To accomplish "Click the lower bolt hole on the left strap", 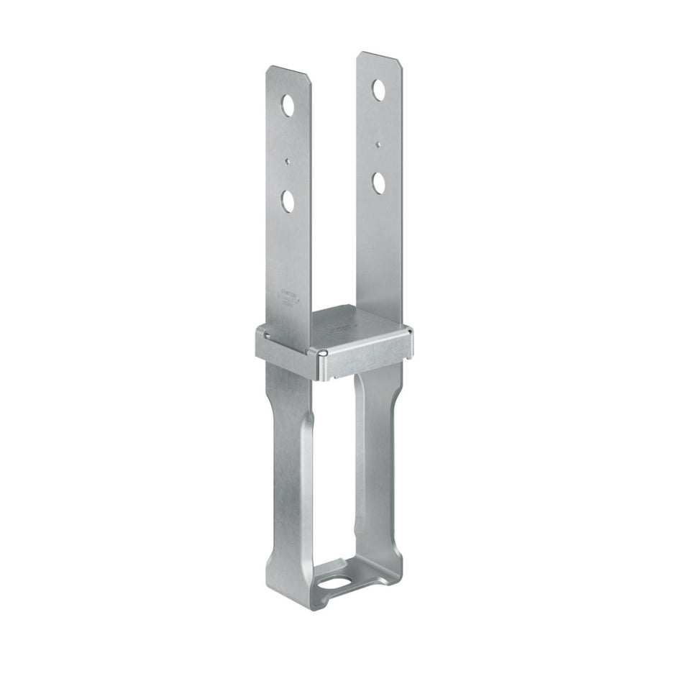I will coord(288,201).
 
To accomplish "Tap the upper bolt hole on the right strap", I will coord(378,89).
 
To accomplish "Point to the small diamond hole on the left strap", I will coord(287,161).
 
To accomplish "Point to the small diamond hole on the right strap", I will coord(378,144).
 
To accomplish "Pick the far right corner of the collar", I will coord(409,332).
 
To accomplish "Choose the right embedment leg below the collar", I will coord(378,460).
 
